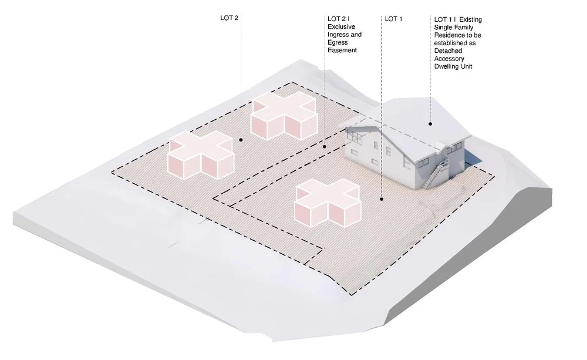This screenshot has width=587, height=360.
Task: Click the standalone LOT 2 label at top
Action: coord(229,18)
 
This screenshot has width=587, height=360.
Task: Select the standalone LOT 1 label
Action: coord(393,19)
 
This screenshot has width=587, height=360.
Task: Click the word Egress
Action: coord(338,43)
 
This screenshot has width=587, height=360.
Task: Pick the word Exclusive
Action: coord(342,27)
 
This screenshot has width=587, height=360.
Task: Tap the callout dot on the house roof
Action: coord(430,124)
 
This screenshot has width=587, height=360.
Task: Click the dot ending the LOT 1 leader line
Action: coord(382,200)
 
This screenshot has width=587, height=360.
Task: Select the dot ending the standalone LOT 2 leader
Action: coord(241,140)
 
